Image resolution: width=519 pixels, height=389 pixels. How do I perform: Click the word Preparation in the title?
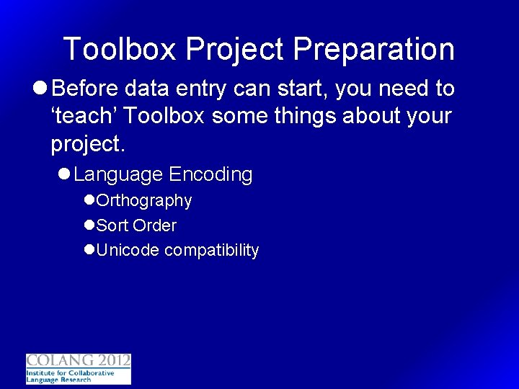click(x=373, y=50)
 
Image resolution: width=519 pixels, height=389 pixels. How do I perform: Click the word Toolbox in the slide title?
click(x=120, y=50)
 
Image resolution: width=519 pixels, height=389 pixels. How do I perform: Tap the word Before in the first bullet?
click(x=86, y=89)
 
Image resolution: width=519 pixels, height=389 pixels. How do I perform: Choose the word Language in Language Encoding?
click(x=118, y=175)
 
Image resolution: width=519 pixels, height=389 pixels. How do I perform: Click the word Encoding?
click(x=210, y=175)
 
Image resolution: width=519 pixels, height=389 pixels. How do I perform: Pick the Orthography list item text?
click(x=144, y=201)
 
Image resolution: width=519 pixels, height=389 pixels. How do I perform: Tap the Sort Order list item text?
click(x=136, y=225)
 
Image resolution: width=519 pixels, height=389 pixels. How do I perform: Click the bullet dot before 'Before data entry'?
click(x=40, y=89)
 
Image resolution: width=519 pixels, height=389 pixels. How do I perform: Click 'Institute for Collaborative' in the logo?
click(x=70, y=373)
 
